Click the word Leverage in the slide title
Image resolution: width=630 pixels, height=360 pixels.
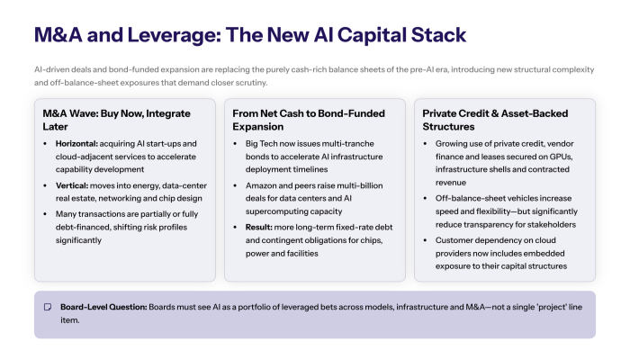pos(158,35)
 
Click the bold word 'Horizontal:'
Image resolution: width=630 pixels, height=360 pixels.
pos(80,144)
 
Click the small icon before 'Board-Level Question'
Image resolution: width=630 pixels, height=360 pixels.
pos(48,306)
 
